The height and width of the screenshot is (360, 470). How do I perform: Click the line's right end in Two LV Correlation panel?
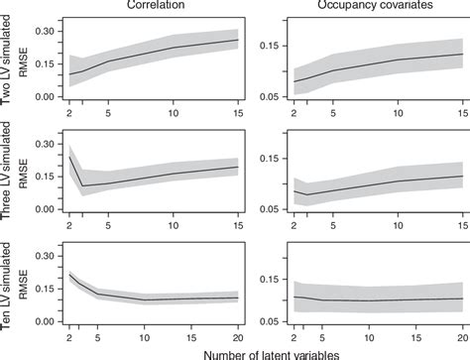click(x=238, y=41)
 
